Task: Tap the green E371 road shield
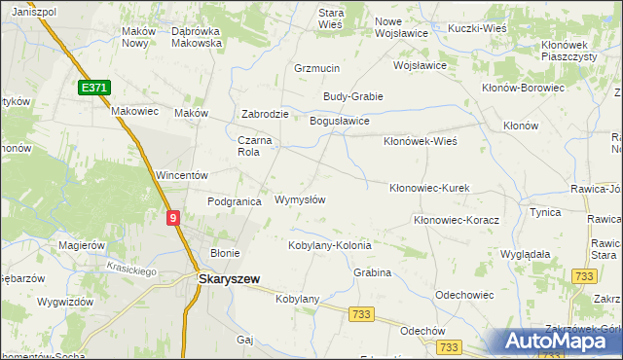coord(94,88)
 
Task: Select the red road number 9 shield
coord(172,220)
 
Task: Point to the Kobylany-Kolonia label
coord(330,245)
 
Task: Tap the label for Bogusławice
coord(339,121)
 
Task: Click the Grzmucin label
coord(315,69)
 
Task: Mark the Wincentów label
coord(183,175)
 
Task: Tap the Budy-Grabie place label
coord(353,96)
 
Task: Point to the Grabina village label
coord(372,272)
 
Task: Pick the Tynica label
coord(543,211)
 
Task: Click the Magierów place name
coord(82,245)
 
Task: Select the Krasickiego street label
coord(132,271)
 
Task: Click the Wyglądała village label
coord(526,253)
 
